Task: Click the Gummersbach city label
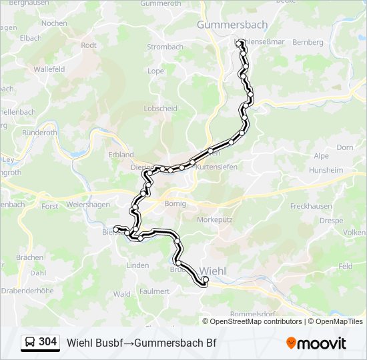(232, 25)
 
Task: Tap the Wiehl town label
(213, 271)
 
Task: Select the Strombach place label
(165, 47)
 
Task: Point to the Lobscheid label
(160, 108)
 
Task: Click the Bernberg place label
(308, 42)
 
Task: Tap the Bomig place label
(174, 203)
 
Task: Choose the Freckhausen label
(312, 206)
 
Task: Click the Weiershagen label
(88, 205)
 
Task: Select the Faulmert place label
(155, 291)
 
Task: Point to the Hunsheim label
(326, 170)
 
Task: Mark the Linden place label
(137, 265)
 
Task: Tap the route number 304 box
(47, 342)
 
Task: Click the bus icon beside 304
(30, 343)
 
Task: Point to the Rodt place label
(89, 45)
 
